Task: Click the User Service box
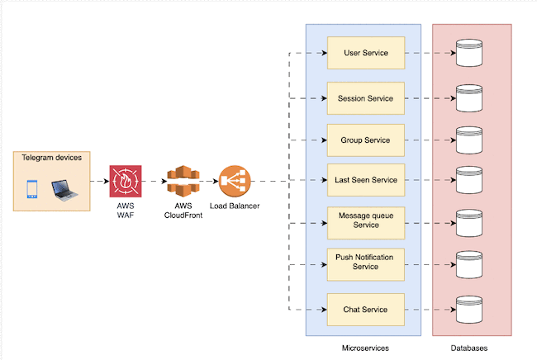coord(364,54)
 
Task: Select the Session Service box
coord(364,98)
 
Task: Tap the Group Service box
coord(364,140)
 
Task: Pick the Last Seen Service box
coord(364,180)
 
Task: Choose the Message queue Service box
coord(364,220)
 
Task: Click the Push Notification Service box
coord(364,263)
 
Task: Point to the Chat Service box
coord(364,310)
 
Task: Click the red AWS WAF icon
coord(126,181)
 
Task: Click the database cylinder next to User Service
coord(469,54)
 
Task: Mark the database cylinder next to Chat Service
coord(469,310)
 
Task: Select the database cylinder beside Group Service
coord(469,140)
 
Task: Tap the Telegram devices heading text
coord(51,158)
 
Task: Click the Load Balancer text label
coord(235,206)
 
